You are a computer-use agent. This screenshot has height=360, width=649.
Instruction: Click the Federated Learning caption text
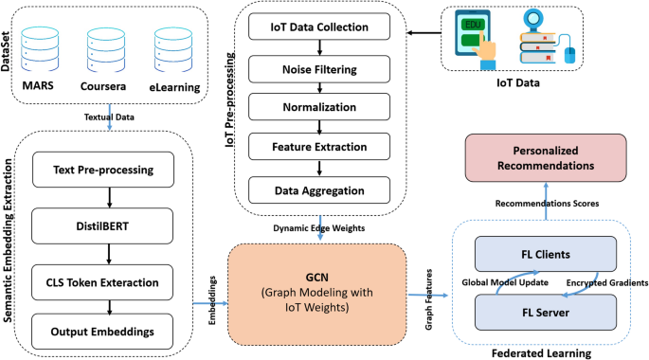542,351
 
